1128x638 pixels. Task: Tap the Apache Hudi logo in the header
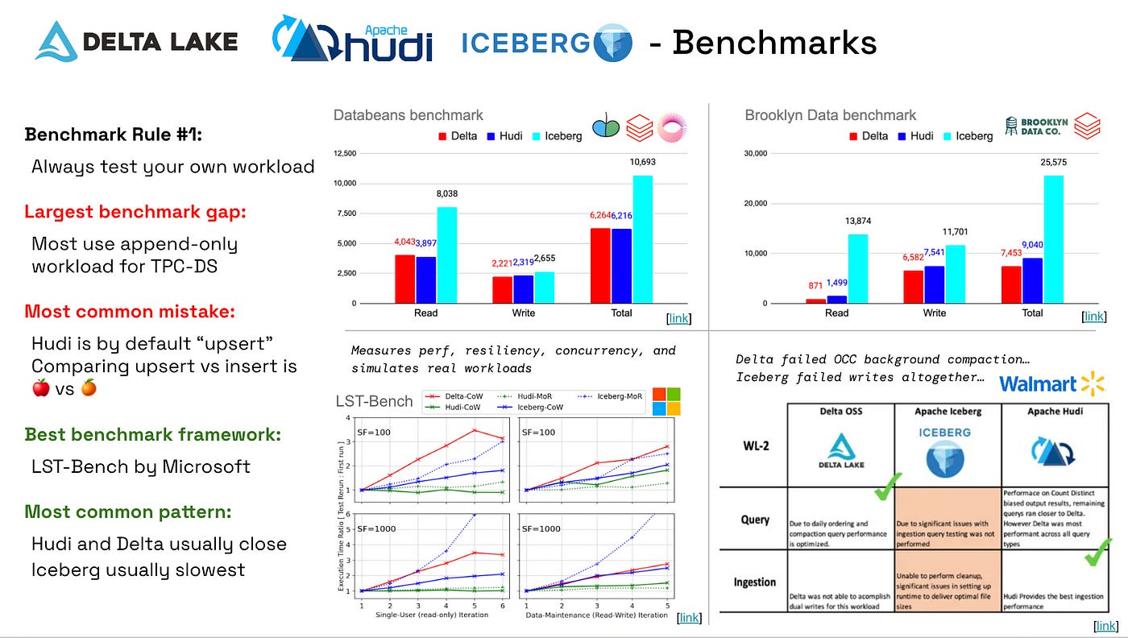(x=352, y=40)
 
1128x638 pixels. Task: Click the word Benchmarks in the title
(x=773, y=42)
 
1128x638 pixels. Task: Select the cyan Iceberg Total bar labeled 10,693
(x=642, y=238)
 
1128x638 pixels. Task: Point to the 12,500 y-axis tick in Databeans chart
(x=345, y=153)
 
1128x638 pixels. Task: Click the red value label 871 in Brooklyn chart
(x=814, y=286)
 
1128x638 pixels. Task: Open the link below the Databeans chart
(x=679, y=318)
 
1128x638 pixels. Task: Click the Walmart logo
(x=1051, y=383)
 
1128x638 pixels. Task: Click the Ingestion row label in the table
(x=755, y=582)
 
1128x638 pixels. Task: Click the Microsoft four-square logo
(x=667, y=401)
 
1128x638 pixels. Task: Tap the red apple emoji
(x=41, y=389)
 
